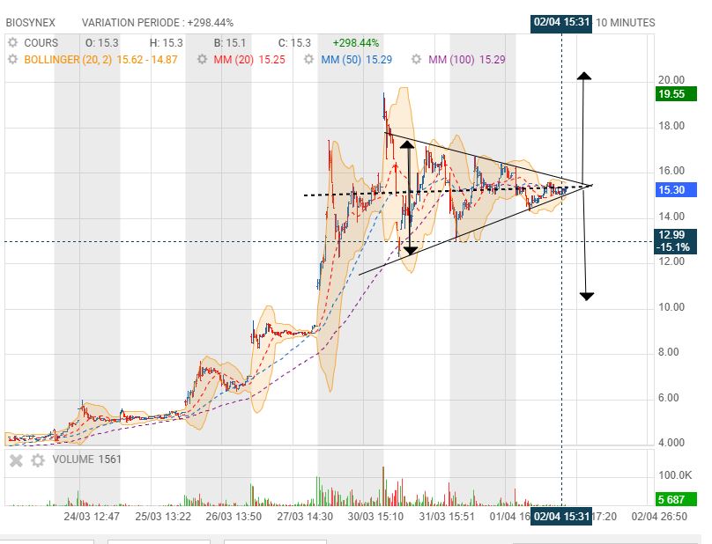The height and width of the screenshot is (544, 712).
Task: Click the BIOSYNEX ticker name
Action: coord(31,23)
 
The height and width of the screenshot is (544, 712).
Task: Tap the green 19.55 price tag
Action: coord(676,94)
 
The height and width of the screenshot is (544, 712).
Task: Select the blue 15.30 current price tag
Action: coord(676,189)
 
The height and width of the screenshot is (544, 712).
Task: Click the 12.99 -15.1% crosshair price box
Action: coord(676,241)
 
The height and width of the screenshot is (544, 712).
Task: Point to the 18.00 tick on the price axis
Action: coord(671,126)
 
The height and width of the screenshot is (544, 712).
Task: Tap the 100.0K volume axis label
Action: coord(675,475)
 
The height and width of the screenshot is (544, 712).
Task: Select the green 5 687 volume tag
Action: coord(676,499)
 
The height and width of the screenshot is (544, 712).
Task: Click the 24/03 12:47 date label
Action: coord(92,517)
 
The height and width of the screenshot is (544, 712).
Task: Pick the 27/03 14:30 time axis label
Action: coord(305,517)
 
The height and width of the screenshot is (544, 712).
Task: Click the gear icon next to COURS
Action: coord(13,42)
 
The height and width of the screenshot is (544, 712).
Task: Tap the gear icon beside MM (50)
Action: coord(308,60)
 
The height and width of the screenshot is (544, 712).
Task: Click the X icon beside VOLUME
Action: coord(17,460)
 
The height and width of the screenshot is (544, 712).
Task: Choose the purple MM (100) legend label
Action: coord(451,60)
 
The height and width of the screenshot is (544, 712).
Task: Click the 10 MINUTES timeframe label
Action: coord(626,23)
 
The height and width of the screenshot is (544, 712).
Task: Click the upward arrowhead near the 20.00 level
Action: coord(584,76)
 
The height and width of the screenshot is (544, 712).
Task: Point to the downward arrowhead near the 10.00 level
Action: coord(587,297)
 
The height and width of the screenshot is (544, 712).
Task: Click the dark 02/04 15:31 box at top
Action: coord(561,23)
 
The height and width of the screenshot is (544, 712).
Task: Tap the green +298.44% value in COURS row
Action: coord(356,42)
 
